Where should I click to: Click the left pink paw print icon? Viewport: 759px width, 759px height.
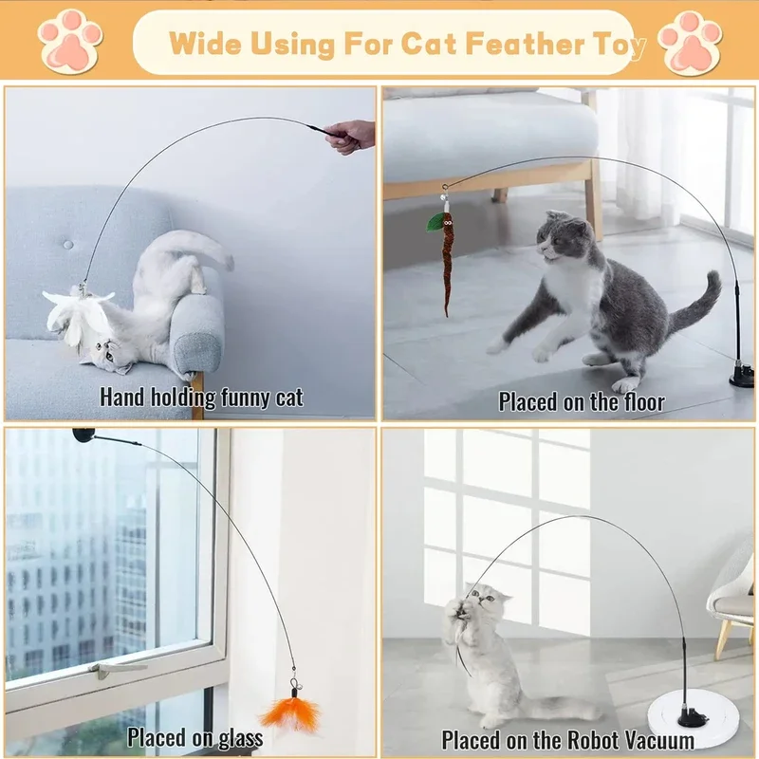[69, 41]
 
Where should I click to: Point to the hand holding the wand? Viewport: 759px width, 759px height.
[351, 136]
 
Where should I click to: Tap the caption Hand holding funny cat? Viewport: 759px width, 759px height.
[201, 397]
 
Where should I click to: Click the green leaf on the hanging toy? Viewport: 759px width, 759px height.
[435, 222]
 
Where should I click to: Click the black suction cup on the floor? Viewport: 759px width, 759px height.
[741, 378]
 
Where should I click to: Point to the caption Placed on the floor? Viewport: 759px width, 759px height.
[582, 401]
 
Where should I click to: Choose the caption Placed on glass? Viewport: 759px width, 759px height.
[195, 736]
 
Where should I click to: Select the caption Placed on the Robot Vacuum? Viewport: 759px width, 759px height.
[567, 739]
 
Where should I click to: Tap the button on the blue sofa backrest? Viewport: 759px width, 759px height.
[68, 244]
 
